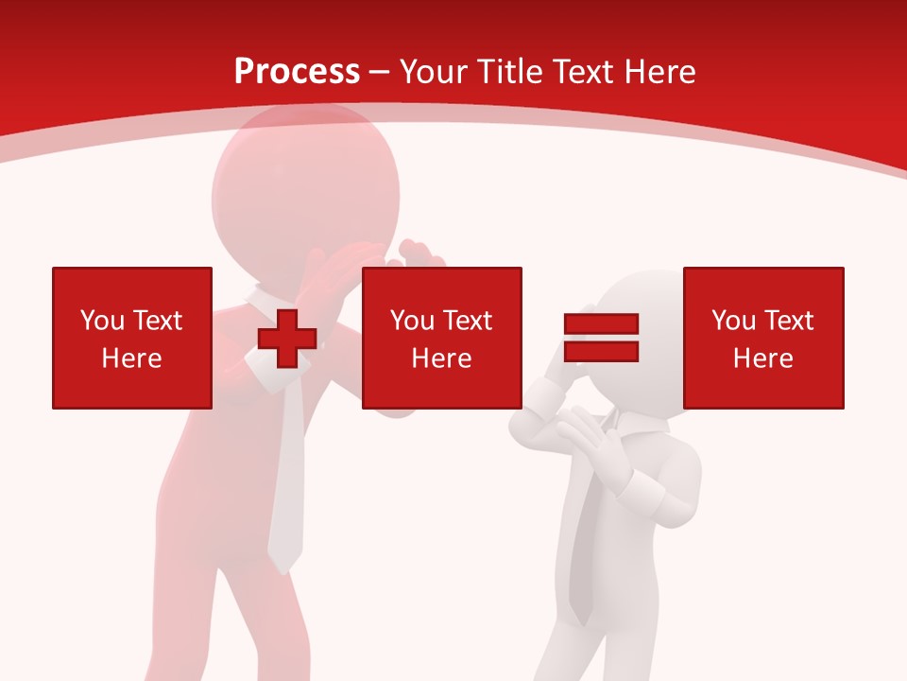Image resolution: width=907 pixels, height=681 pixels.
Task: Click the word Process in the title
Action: click(297, 72)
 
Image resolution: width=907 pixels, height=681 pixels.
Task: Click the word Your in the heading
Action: click(436, 72)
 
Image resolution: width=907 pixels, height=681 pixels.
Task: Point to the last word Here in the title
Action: click(661, 72)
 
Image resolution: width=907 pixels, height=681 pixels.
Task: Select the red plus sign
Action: click(287, 339)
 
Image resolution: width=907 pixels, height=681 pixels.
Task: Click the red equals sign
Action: click(602, 338)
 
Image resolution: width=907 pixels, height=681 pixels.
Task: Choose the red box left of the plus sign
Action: click(132, 338)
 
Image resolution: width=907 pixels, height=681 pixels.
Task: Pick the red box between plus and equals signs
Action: click(441, 338)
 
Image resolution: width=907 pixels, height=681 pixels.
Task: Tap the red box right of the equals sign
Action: click(762, 338)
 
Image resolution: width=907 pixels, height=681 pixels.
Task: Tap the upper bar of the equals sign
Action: click(602, 324)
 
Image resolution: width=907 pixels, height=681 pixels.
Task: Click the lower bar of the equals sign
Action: click(602, 352)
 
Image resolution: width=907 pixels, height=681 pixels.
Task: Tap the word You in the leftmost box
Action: click(102, 321)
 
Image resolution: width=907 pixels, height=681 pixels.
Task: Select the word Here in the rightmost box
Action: click(762, 358)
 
